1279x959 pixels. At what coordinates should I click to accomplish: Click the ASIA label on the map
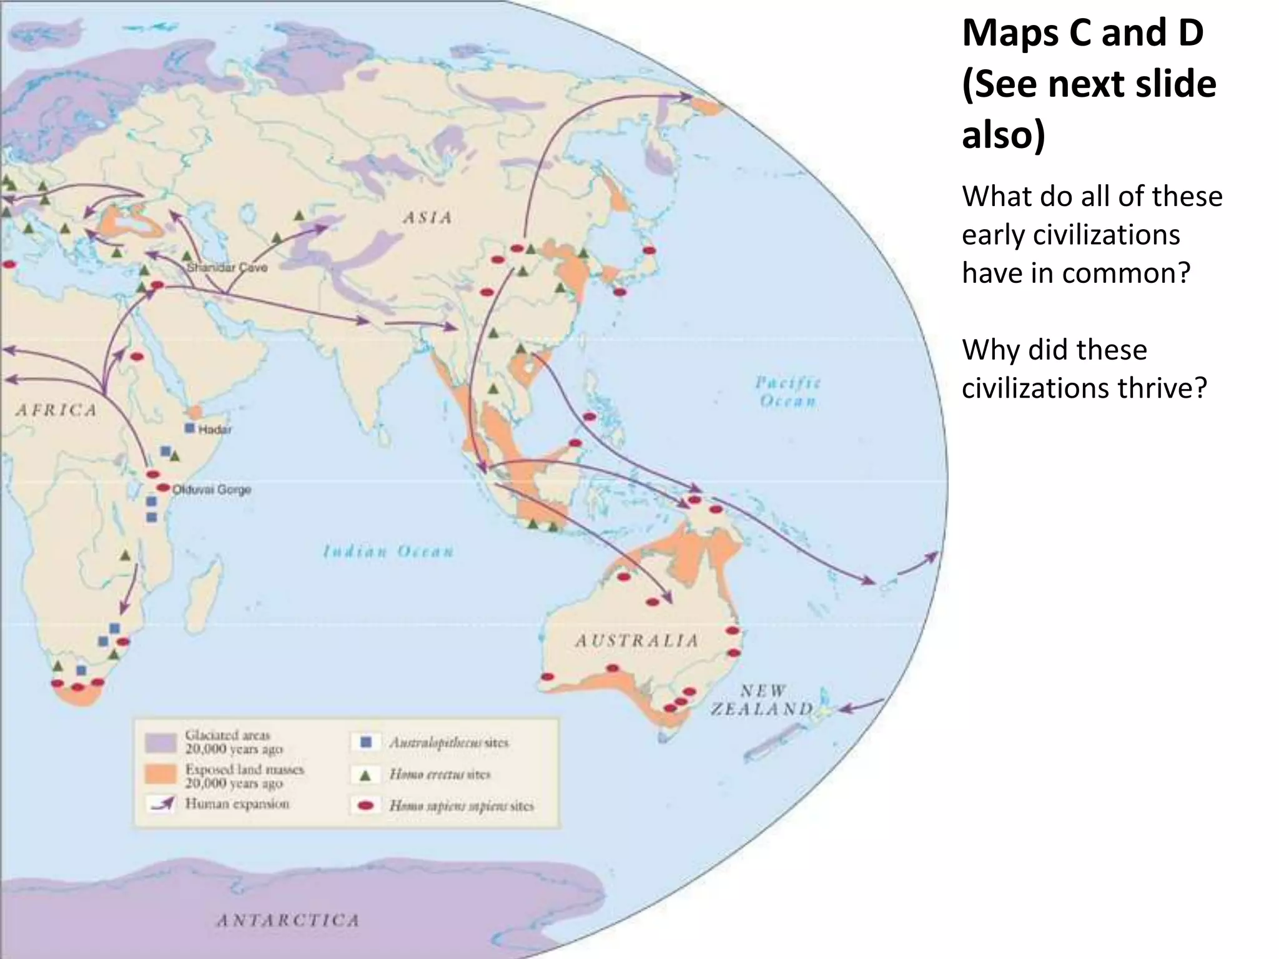427,218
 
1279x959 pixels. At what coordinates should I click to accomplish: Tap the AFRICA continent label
56,410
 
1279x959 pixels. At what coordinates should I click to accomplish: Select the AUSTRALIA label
636,641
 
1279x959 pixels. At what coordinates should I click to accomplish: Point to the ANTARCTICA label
288,920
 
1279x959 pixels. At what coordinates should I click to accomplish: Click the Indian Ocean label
388,551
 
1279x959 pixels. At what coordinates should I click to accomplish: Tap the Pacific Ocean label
788,391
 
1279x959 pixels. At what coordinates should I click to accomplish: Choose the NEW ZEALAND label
763,700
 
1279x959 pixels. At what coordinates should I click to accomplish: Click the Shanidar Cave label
227,267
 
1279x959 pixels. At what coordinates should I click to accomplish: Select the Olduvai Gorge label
211,489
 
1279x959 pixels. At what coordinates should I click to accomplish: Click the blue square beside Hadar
190,428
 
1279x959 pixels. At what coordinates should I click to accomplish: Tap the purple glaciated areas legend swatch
160,742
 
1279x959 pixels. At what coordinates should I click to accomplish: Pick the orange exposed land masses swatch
160,775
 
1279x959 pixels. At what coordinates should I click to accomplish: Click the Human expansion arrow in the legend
162,804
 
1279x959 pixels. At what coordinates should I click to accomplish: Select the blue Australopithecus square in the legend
366,742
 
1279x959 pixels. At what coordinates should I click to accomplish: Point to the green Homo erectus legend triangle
366,775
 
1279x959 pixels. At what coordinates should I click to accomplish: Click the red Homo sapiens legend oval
366,806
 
